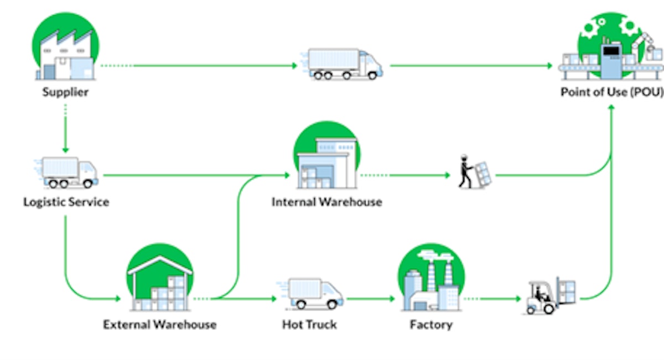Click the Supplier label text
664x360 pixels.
(65, 92)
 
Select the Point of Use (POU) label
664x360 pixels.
(611, 92)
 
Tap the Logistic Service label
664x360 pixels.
(66, 202)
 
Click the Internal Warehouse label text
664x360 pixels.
(326, 202)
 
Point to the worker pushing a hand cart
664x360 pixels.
(474, 173)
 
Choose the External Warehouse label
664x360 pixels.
(159, 324)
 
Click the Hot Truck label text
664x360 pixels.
(309, 324)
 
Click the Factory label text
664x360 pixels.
(430, 324)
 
